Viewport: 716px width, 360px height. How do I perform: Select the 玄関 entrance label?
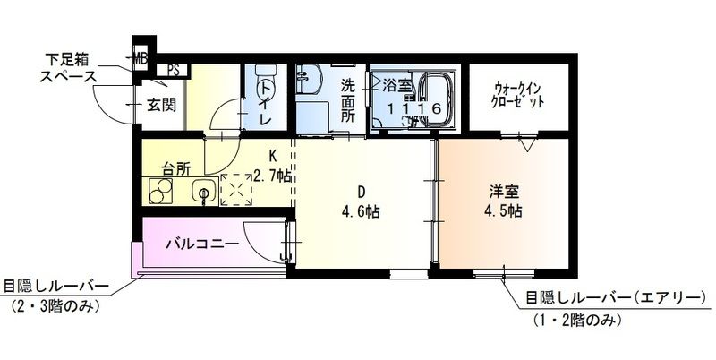click(160, 104)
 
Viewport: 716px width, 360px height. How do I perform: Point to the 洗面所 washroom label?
click(350, 100)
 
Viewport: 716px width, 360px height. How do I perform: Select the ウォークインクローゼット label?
click(519, 95)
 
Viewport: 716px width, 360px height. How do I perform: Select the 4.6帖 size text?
click(362, 213)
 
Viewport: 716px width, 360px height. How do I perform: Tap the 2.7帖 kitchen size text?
click(271, 175)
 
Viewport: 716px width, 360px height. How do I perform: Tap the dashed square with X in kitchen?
click(238, 190)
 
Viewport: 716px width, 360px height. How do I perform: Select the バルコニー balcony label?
click(200, 244)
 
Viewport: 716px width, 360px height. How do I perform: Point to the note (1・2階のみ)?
click(573, 321)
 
